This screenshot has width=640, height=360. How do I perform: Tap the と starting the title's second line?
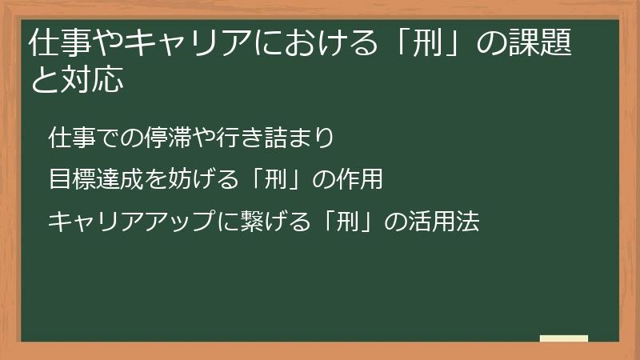42,79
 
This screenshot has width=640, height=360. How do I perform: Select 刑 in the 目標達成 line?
282,180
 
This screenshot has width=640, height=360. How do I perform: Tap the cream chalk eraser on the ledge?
564,338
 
